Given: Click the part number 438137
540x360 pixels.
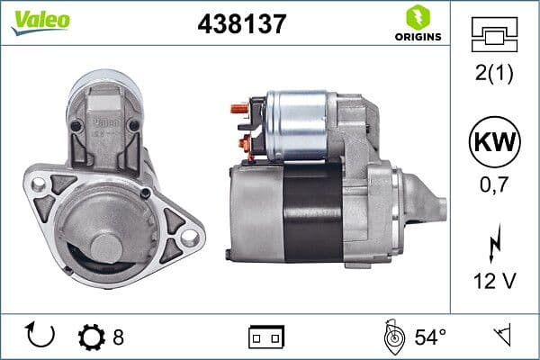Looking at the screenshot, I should click(240, 24).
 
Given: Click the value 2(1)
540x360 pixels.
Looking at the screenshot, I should click(494, 75).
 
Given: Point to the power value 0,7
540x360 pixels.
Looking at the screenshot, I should click(494, 189).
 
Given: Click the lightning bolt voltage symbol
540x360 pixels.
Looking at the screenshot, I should click(494, 242).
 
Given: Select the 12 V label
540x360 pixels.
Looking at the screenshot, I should click(494, 281).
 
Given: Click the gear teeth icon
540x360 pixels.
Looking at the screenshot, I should click(91, 337).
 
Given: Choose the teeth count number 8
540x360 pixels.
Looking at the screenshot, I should click(118, 337).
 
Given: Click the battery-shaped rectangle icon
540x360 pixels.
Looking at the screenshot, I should click(265, 337).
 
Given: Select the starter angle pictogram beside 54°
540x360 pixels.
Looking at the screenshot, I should click(392, 337).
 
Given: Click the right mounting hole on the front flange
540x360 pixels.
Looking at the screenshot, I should click(189, 235).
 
